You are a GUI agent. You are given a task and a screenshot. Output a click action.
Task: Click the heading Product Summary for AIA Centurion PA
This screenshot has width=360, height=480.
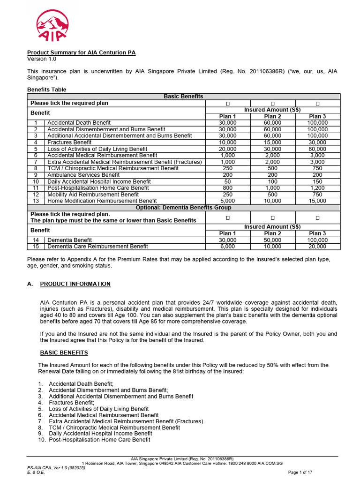pos(81,52)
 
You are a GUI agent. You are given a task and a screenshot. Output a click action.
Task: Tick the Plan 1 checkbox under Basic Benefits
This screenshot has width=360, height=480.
pos(228,103)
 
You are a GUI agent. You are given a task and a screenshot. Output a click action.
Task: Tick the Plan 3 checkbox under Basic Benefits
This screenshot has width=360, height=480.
pos(317,103)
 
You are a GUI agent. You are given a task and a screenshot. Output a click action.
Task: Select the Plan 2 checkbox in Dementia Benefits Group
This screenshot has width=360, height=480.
pos(272,217)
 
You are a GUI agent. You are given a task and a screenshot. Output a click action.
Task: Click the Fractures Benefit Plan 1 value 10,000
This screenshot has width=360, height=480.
pos(228,142)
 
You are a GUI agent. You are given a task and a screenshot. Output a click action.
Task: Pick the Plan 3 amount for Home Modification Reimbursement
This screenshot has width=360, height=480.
pos(317,201)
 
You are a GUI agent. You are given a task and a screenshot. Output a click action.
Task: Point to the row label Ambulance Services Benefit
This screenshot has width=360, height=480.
pos(83,175)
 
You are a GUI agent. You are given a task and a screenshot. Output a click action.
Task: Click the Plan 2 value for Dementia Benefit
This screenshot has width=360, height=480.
pos(272,240)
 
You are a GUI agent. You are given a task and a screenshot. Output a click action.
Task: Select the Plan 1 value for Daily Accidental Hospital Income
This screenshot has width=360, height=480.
pos(228,181)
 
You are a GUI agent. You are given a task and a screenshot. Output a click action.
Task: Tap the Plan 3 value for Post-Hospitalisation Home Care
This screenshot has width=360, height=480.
pos(317,188)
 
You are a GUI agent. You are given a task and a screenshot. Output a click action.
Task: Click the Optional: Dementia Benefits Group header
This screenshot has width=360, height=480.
pos(183,207)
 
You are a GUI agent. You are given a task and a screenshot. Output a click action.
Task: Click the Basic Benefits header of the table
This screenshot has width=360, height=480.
pos(183,96)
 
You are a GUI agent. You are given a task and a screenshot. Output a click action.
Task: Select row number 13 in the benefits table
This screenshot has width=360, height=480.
pos(36,201)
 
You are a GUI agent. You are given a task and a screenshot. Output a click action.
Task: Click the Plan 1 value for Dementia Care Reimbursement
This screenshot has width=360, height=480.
pos(228,246)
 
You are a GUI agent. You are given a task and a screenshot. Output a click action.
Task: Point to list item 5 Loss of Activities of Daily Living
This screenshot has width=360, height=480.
pos(98,409)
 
